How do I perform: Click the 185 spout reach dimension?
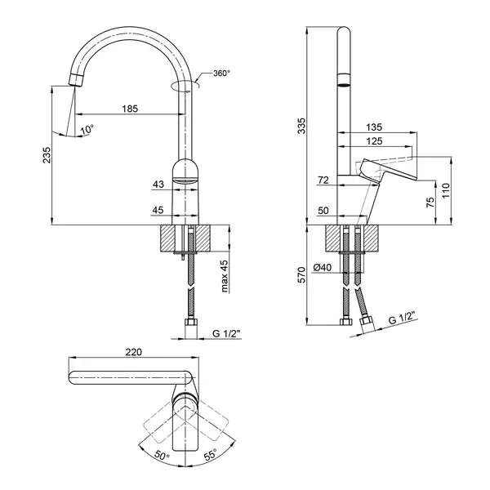(x=130, y=109)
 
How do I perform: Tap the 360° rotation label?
(x=221, y=73)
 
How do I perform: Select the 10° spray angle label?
(x=87, y=129)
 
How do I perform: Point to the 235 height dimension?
(x=47, y=154)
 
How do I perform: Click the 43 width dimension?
(x=158, y=185)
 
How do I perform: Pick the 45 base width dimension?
(x=158, y=210)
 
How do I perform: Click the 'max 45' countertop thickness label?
(x=225, y=276)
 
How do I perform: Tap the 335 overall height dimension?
(x=302, y=126)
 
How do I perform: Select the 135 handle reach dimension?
(x=374, y=127)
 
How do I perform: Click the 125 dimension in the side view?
(x=374, y=141)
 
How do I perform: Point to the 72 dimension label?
(x=323, y=180)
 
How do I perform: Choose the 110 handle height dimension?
(x=446, y=190)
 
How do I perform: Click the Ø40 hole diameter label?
(x=323, y=268)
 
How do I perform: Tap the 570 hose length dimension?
(x=302, y=275)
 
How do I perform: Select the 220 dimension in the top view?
(x=133, y=352)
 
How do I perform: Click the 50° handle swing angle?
(x=161, y=456)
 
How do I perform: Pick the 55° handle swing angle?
(x=210, y=455)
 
